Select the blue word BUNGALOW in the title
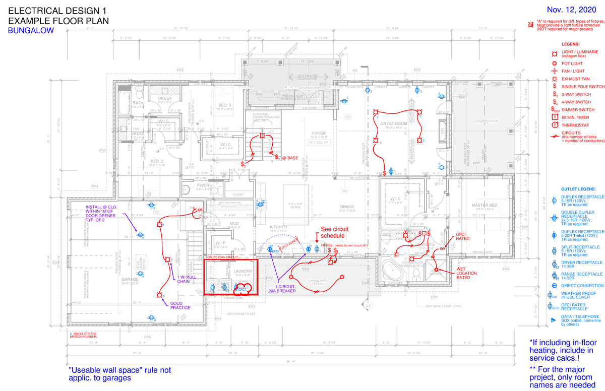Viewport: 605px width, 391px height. tap(30, 31)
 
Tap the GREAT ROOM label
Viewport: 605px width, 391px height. tap(394, 123)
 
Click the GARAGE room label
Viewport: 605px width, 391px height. tap(130, 278)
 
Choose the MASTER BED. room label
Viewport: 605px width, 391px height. tap(485, 206)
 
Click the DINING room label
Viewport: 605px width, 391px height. tap(347, 207)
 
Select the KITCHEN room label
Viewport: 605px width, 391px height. tap(279, 227)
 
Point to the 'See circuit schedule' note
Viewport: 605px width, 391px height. tap(333, 232)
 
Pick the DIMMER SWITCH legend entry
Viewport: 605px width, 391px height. tap(578, 109)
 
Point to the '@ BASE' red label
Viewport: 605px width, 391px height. tap(290, 158)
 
